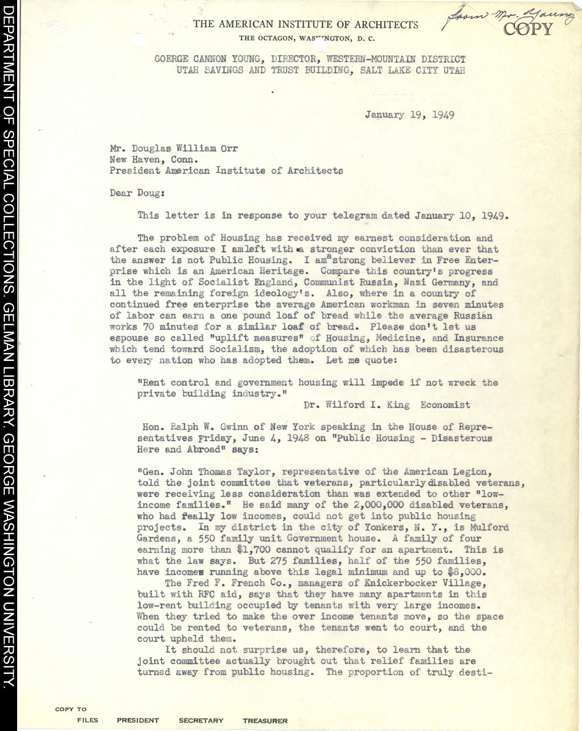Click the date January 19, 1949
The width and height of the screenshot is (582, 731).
[x=410, y=115]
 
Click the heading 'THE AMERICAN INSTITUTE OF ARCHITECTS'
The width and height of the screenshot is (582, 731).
[x=306, y=25]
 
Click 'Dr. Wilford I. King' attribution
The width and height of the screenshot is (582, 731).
[x=356, y=405]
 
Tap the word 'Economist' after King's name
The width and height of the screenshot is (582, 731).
[x=445, y=405]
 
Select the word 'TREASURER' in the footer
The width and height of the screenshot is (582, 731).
[x=265, y=721]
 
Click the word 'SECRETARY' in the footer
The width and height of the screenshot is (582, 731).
[x=201, y=721]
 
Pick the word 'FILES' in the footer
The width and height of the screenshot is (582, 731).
[x=88, y=721]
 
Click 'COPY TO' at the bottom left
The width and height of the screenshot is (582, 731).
[x=71, y=709]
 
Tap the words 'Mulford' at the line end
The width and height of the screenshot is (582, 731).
[x=489, y=528]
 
